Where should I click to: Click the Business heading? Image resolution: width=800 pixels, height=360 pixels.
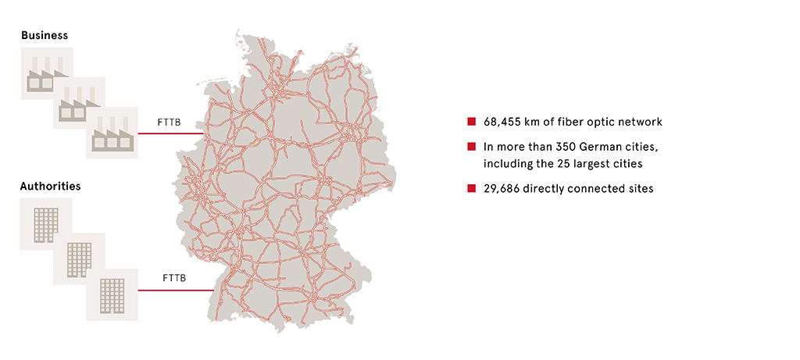click(x=45, y=35)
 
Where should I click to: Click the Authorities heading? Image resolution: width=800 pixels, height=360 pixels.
click(x=51, y=187)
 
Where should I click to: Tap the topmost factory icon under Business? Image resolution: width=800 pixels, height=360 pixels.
click(x=47, y=74)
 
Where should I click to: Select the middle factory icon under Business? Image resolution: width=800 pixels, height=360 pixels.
click(x=79, y=104)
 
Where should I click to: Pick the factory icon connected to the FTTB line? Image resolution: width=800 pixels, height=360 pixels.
click(x=112, y=134)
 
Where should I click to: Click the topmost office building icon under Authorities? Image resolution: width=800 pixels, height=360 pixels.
click(x=46, y=224)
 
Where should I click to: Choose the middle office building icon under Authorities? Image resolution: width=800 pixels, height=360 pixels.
click(x=79, y=258)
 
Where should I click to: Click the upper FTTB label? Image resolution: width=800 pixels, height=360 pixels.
click(x=170, y=122)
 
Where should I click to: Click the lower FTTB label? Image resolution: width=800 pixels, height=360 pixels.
click(x=175, y=278)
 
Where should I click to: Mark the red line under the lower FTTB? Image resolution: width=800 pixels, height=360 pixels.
click(x=176, y=290)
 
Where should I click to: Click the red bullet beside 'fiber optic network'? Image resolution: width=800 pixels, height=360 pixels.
click(x=471, y=122)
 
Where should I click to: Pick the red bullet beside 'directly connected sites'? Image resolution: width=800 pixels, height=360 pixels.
click(x=471, y=188)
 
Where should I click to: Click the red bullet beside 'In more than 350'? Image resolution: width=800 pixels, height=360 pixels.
click(x=471, y=147)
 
